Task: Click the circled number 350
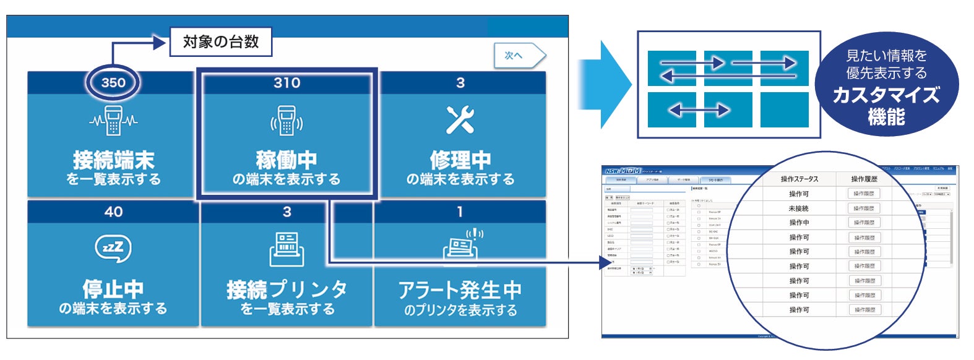(x=113, y=82)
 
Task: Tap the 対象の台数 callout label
(x=220, y=42)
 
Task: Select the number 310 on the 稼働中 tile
(x=287, y=83)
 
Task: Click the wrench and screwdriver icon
(x=460, y=119)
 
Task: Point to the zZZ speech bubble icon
(x=113, y=248)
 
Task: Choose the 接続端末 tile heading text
(x=113, y=160)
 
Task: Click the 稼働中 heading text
(x=287, y=160)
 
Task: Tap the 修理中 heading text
(x=460, y=160)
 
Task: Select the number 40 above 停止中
(x=113, y=212)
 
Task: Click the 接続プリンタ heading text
(x=287, y=289)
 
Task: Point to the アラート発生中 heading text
(x=460, y=289)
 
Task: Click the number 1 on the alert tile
(x=460, y=212)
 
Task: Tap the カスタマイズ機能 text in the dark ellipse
(x=886, y=105)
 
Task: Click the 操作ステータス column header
(x=799, y=179)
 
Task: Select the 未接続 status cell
(x=798, y=208)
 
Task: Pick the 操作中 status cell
(x=799, y=223)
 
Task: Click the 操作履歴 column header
(x=864, y=179)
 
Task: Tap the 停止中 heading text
(x=113, y=289)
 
